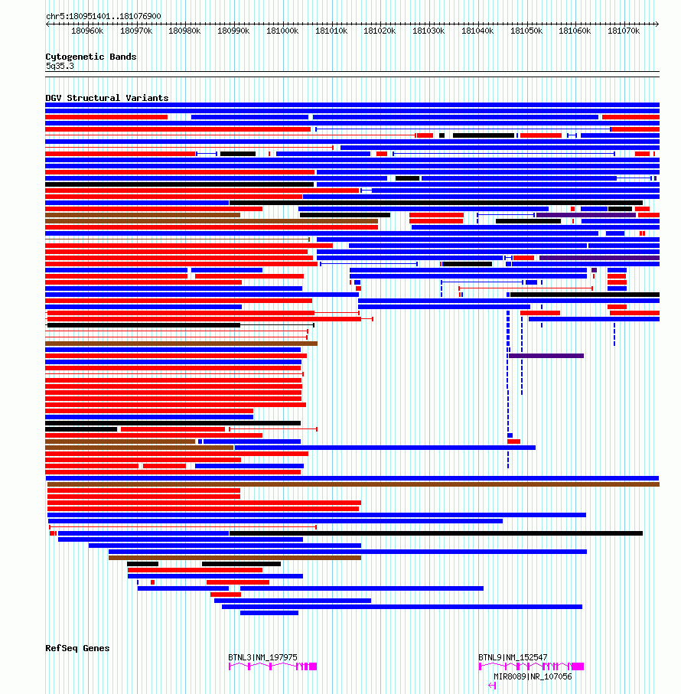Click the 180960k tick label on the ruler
click(87, 31)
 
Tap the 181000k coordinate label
click(282, 31)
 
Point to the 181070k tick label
click(624, 31)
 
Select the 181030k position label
click(428, 31)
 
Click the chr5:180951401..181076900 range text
click(103, 16)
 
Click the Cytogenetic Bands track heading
click(91, 57)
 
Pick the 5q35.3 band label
click(60, 66)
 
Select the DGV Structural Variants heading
click(106, 98)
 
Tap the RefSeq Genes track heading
click(77, 648)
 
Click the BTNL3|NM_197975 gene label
click(263, 657)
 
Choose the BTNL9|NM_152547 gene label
click(513, 657)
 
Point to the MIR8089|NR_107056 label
click(533, 676)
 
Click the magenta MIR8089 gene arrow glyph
click(492, 686)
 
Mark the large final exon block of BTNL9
click(578, 666)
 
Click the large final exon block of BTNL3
click(313, 666)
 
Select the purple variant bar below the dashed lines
click(546, 356)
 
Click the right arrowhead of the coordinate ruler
click(657, 24)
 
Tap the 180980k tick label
click(184, 31)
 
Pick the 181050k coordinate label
click(526, 31)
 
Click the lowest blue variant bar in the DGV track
click(269, 613)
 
